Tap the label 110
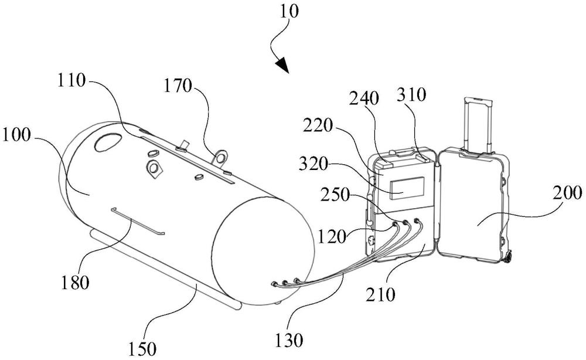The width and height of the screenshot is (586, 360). coord(72,81)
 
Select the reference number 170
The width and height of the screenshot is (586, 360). coord(178,87)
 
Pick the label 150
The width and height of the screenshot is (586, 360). coord(142,349)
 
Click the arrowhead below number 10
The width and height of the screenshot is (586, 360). coord(284,65)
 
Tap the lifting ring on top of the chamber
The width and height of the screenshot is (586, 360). coord(221,157)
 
